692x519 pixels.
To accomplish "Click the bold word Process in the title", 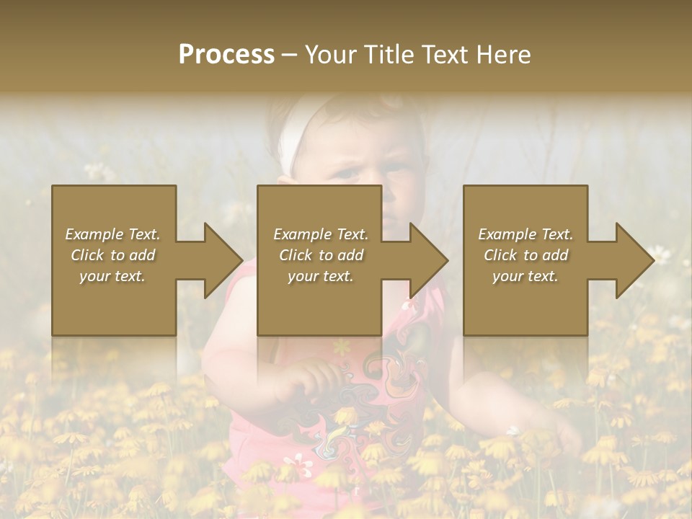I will click(x=226, y=55).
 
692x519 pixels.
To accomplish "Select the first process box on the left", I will click(x=114, y=303).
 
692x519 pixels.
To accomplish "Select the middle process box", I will click(x=319, y=303).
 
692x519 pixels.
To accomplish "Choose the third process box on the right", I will click(x=525, y=303).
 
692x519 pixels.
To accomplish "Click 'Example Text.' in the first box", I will click(x=112, y=234).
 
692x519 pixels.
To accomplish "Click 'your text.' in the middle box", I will click(x=320, y=276).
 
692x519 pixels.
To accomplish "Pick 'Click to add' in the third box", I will click(x=525, y=255).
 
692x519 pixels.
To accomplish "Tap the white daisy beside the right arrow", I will click(x=659, y=253).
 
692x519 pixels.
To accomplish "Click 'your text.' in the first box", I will click(x=112, y=276).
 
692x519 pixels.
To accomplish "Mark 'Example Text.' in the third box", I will click(x=525, y=234).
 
